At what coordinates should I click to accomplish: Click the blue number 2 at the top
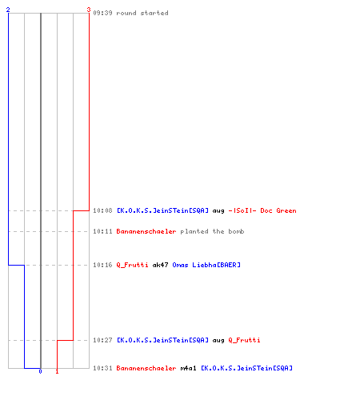[x=8, y=10]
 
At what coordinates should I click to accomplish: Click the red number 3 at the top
[x=89, y=10]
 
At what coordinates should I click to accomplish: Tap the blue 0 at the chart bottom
[x=40, y=371]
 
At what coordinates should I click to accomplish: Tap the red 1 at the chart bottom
[x=57, y=371]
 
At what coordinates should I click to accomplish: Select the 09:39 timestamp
[x=102, y=13]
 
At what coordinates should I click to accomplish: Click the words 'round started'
[x=142, y=13]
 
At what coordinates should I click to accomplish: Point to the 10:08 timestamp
[x=102, y=210]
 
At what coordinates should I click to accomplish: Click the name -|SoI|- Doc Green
[x=262, y=210]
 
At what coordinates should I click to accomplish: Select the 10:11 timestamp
[x=102, y=231]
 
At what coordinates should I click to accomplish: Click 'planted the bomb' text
[x=212, y=231]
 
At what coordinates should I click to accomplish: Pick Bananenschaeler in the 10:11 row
[x=146, y=231]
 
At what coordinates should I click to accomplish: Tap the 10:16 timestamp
[x=102, y=265]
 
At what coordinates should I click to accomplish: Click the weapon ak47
[x=160, y=265]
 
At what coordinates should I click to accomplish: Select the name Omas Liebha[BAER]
[x=206, y=265]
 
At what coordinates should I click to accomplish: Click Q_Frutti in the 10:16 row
[x=132, y=265]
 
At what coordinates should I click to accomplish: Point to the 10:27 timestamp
[x=102, y=340]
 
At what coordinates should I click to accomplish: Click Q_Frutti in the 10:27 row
[x=244, y=340]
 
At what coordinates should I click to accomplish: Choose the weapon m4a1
[x=188, y=368]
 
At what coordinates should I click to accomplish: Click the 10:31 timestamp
[x=102, y=368]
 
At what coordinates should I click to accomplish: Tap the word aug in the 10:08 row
[x=218, y=211]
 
